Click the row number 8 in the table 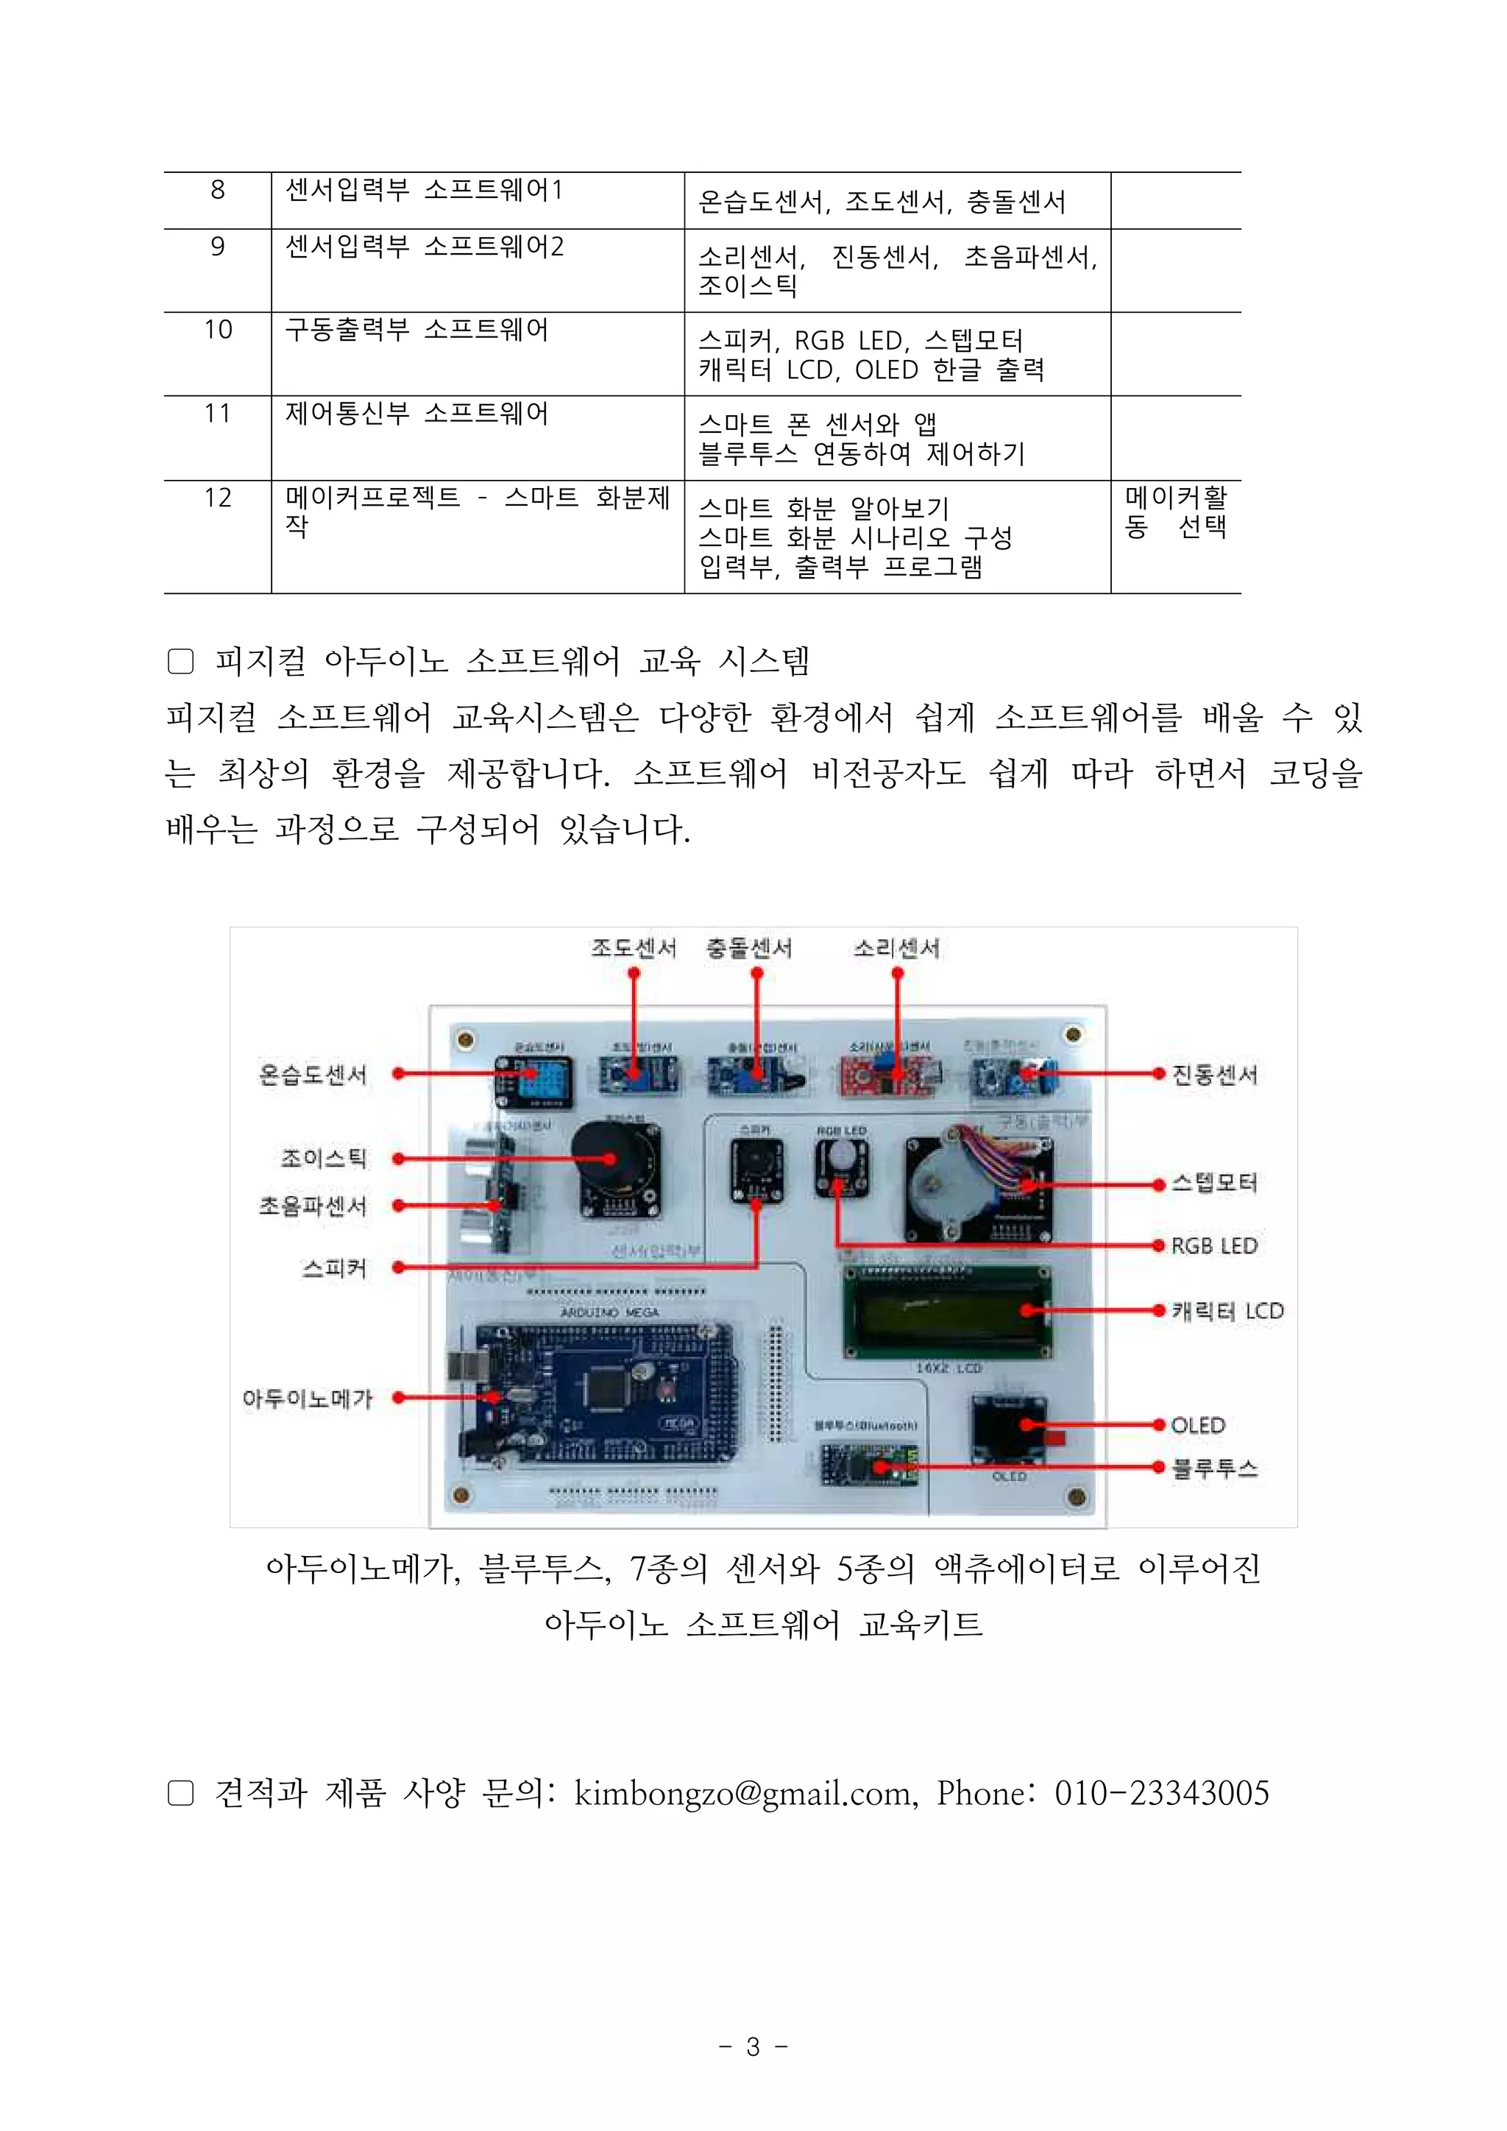point(217,190)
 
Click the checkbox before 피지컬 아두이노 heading point(180,661)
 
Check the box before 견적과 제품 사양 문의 point(180,1792)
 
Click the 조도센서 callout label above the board point(634,947)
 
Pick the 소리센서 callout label point(896,947)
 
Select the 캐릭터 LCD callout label point(1227,1310)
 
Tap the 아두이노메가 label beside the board point(307,1398)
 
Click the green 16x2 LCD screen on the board point(946,1312)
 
